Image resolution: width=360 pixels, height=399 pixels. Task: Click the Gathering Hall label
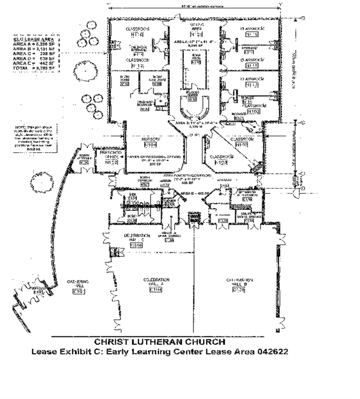[78, 287]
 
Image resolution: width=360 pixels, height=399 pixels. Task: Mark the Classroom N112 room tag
[135, 63]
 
